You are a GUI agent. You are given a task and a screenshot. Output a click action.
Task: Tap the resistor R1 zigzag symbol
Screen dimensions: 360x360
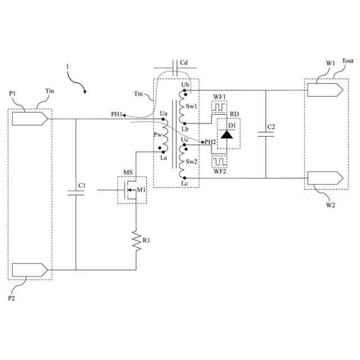pos(136,240)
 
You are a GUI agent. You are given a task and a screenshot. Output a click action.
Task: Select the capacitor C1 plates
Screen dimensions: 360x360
pos(75,193)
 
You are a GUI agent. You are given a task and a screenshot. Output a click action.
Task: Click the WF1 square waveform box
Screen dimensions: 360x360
pos(219,106)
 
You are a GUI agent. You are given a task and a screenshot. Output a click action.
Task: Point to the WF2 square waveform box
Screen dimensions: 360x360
pos(219,162)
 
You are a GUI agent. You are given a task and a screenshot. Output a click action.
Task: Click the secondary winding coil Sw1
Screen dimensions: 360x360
pos(182,106)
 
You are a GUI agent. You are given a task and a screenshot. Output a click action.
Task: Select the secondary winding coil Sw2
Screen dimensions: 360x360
pos(182,162)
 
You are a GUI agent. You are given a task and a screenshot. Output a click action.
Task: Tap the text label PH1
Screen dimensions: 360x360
pos(117,115)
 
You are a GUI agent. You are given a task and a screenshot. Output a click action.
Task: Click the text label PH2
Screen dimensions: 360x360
pos(210,142)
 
